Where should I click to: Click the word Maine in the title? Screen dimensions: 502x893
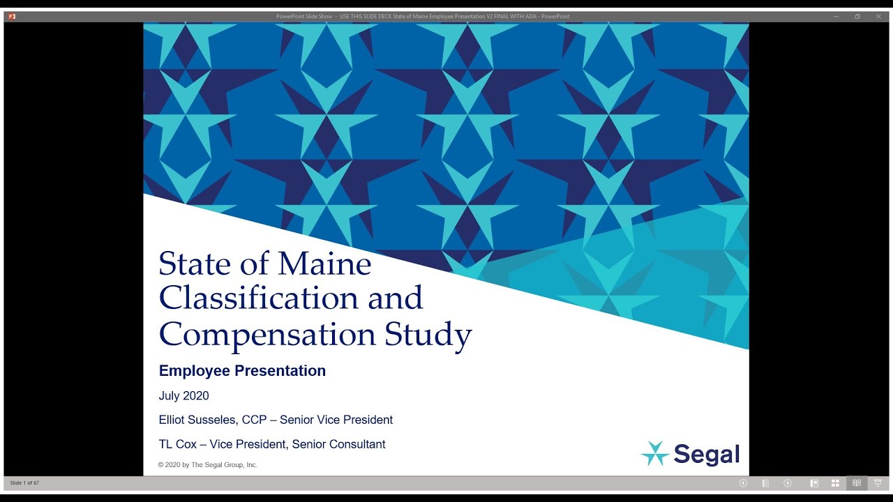324,264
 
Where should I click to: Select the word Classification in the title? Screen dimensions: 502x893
264,298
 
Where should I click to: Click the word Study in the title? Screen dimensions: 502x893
428,335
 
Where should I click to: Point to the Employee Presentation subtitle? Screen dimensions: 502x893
242,371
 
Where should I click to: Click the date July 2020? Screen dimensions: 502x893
183,396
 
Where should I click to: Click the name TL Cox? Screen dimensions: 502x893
178,444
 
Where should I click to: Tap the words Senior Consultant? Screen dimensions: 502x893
338,444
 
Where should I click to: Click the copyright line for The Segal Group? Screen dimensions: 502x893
207,465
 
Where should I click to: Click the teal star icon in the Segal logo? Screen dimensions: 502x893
655,453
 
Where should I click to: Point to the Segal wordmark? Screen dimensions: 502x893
706,455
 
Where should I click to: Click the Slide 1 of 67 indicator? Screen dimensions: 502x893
25,482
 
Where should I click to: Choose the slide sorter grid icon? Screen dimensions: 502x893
835,483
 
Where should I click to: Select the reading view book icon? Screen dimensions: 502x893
857,483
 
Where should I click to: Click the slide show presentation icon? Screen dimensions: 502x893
878,483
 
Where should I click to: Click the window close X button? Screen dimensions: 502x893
879,16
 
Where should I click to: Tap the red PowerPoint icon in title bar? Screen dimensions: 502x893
12,16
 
